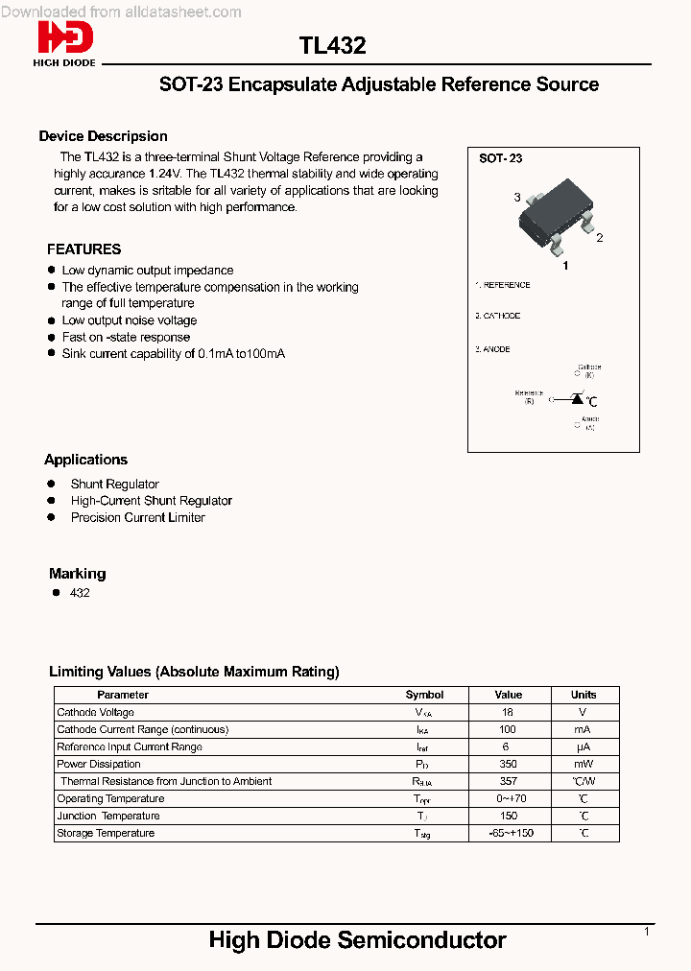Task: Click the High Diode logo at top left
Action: pyautogui.click(x=65, y=43)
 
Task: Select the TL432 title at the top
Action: pyautogui.click(x=332, y=46)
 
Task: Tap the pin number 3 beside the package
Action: pyautogui.click(x=517, y=198)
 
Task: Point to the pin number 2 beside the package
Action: pyautogui.click(x=599, y=238)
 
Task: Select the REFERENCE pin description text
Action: pyautogui.click(x=505, y=285)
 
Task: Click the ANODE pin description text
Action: pyautogui.click(x=494, y=349)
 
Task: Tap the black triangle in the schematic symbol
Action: pyautogui.click(x=577, y=398)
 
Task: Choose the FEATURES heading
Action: pyautogui.click(x=83, y=249)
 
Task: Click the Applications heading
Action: pyautogui.click(x=85, y=460)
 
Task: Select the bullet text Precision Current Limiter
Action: pyautogui.click(x=137, y=517)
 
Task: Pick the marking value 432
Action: pyautogui.click(x=80, y=593)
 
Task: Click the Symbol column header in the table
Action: pyautogui.click(x=424, y=695)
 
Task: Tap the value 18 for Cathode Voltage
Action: pyautogui.click(x=508, y=712)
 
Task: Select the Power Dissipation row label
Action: pyautogui.click(x=99, y=764)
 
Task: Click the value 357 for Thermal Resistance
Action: pyautogui.click(x=508, y=781)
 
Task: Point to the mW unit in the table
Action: pyautogui.click(x=584, y=764)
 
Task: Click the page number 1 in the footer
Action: pyautogui.click(x=647, y=932)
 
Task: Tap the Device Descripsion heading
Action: pyautogui.click(x=103, y=136)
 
